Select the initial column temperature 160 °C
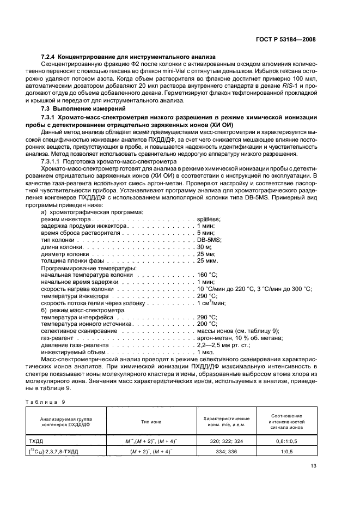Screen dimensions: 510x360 207,275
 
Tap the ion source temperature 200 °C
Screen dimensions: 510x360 207,324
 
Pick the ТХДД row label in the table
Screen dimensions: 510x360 36,440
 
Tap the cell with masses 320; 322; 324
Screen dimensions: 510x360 227,440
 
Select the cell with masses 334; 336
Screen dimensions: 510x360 227,451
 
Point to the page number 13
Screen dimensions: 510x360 313,465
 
